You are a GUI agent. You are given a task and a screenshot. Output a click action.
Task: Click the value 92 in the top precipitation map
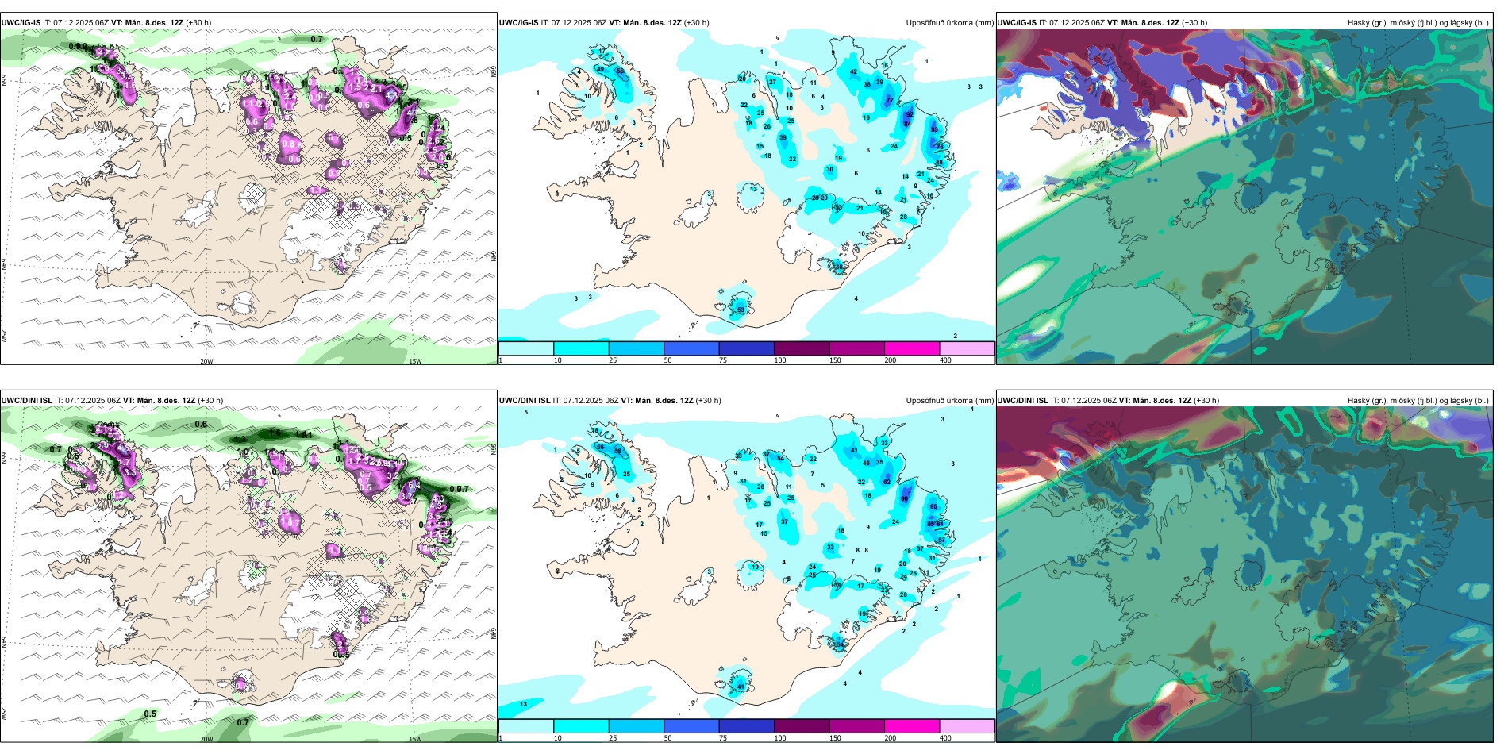[x=910, y=114]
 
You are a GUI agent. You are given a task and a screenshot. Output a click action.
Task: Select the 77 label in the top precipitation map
[x=890, y=101]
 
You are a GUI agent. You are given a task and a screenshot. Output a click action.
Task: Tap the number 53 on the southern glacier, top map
[x=741, y=310]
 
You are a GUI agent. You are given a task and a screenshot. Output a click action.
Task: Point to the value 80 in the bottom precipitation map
[x=904, y=498]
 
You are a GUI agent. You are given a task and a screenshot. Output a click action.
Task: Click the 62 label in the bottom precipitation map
[x=887, y=482]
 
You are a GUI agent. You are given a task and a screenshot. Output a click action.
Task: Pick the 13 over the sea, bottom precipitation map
[x=523, y=704]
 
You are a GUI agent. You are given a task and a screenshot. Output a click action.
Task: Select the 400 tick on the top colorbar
[x=945, y=360]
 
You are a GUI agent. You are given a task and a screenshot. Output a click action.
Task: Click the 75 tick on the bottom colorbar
[x=723, y=738]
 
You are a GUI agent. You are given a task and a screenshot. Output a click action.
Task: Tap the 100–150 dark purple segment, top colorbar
[x=801, y=348]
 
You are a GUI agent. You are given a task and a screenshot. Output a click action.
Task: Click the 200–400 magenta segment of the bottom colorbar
[x=911, y=726]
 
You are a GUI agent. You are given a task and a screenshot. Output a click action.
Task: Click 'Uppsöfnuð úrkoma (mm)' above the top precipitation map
[x=949, y=23]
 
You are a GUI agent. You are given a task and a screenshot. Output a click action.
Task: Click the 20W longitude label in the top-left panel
[x=206, y=361]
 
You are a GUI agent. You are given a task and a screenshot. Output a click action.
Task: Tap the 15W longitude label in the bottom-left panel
[x=415, y=739]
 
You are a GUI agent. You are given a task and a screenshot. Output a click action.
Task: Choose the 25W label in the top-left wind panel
[x=4, y=336]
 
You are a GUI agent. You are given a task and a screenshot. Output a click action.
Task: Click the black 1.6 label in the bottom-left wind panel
[x=275, y=433]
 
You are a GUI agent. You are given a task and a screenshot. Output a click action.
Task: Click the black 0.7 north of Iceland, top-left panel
[x=317, y=39]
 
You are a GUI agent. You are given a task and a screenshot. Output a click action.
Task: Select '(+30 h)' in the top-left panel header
[x=198, y=23]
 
